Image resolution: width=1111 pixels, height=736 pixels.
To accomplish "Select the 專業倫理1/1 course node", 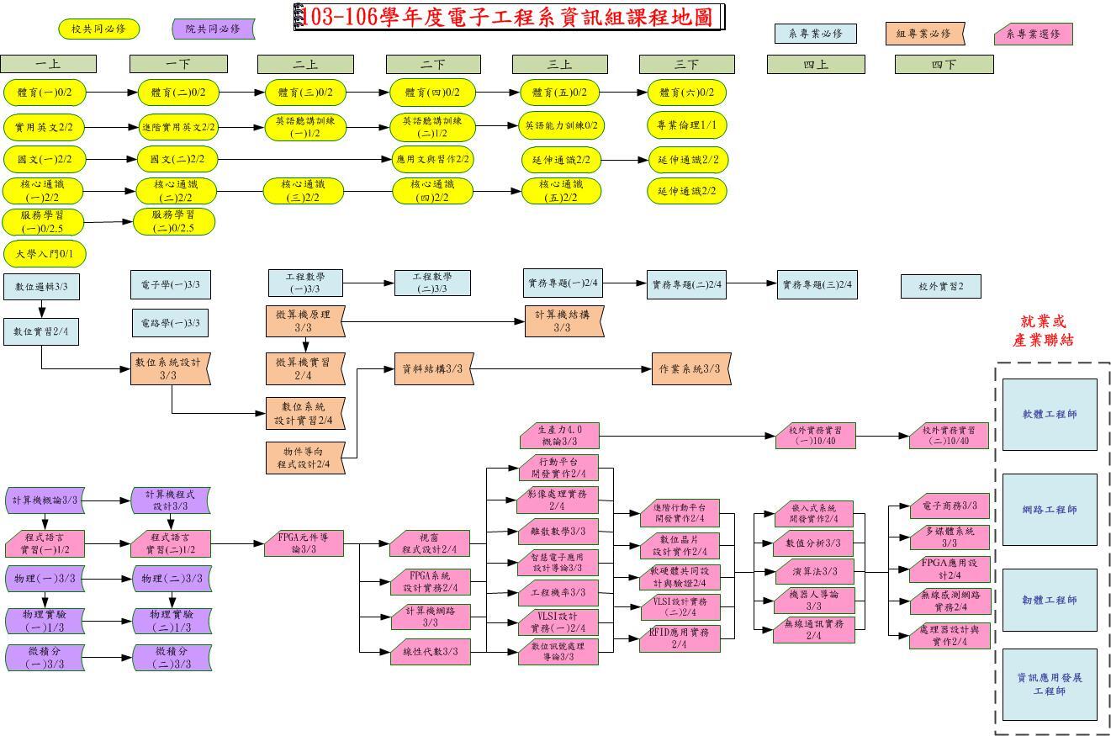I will coord(686,125).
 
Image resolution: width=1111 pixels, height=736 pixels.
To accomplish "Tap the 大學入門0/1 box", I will coord(45,253).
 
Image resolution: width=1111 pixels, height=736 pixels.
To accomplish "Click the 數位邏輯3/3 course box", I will coord(41,286).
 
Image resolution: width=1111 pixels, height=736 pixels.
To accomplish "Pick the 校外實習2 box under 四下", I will coord(940,286).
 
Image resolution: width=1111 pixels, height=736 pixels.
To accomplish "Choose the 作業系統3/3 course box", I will coord(690,368).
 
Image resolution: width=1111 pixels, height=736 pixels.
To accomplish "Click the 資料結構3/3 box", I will coord(431,368).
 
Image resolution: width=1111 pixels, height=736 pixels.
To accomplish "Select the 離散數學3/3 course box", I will coord(558,532).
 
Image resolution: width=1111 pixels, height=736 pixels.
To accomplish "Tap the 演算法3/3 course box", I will coord(813,571).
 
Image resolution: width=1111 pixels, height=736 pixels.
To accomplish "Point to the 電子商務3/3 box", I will coord(949,506).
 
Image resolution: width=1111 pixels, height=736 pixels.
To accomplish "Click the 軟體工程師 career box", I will coord(1049,414).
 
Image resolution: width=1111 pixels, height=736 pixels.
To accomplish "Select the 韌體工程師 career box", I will coord(1049,600).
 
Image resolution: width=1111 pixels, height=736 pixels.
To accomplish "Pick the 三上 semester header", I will coord(559,64).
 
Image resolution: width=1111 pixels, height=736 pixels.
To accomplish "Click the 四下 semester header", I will coord(944,64).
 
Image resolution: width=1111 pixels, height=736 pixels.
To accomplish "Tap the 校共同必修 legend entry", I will coord(98,29).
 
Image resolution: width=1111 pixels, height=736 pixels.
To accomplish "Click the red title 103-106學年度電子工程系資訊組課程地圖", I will coord(509,17).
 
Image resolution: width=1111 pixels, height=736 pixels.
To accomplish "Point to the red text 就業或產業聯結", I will coord(1043,331).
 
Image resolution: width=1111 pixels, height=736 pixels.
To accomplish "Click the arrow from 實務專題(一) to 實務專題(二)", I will coord(625,283).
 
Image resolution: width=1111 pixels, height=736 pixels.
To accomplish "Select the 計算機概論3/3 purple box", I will coord(45,500).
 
